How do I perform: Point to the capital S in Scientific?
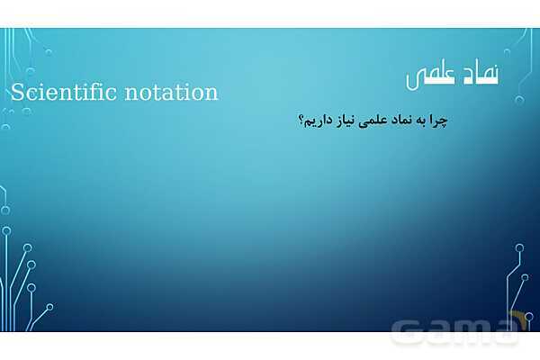(x=17, y=93)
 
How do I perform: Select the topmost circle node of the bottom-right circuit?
(x=519, y=247)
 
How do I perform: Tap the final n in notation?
(x=211, y=94)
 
